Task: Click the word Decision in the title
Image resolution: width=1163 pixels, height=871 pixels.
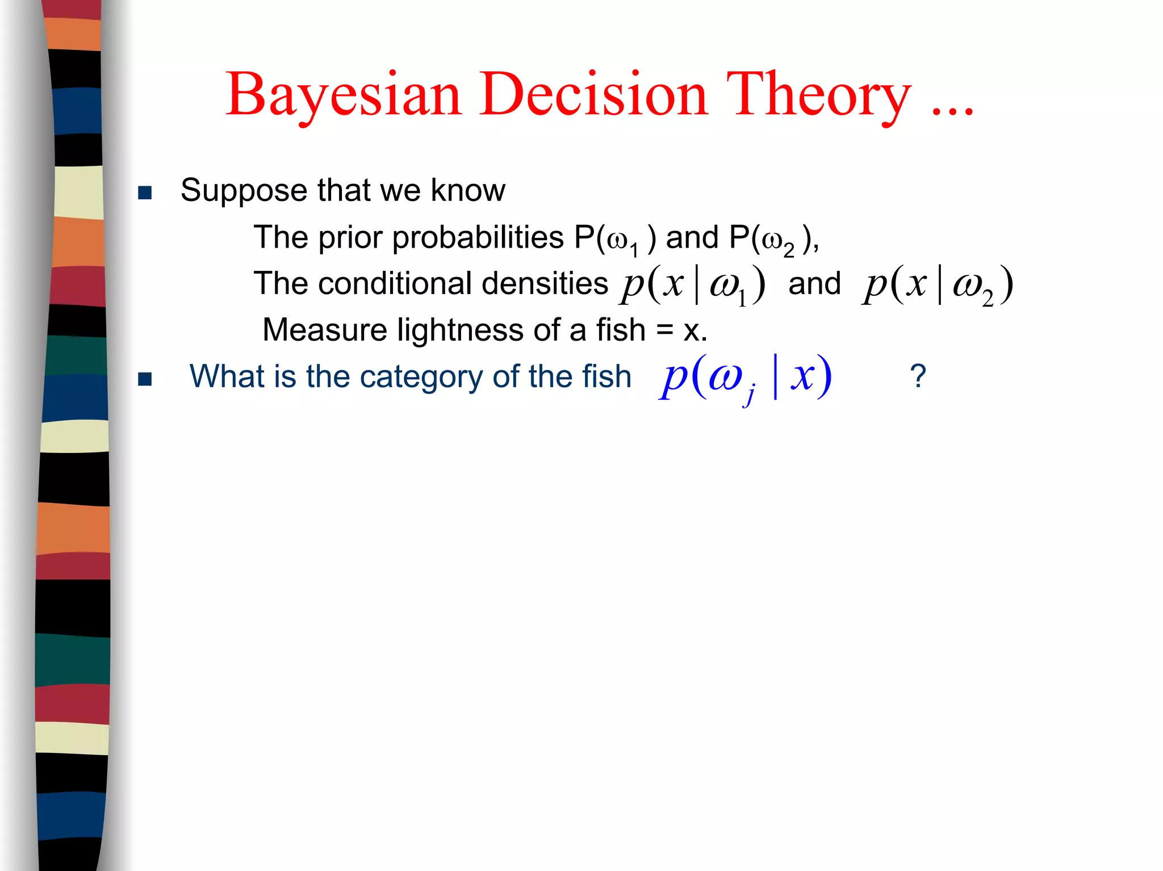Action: tap(593, 94)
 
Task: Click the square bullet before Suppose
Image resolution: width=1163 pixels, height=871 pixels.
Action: tap(145, 193)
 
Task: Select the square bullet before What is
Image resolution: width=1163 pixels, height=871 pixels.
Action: tap(145, 379)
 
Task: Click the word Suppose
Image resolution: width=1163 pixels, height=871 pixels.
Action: tap(244, 191)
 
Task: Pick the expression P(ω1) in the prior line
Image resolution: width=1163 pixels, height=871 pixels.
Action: tap(615, 238)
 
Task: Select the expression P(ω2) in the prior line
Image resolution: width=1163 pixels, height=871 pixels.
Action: tap(771, 238)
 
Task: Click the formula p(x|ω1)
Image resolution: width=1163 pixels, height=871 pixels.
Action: tap(693, 285)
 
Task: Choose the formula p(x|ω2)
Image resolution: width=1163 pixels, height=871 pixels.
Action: tap(937, 285)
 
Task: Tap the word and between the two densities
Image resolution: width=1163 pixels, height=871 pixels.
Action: tap(814, 284)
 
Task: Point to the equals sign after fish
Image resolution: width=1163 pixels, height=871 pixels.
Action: tap(664, 331)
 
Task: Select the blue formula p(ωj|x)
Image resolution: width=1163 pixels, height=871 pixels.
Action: tap(746, 378)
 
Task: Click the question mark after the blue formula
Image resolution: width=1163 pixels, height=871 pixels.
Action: tap(918, 376)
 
